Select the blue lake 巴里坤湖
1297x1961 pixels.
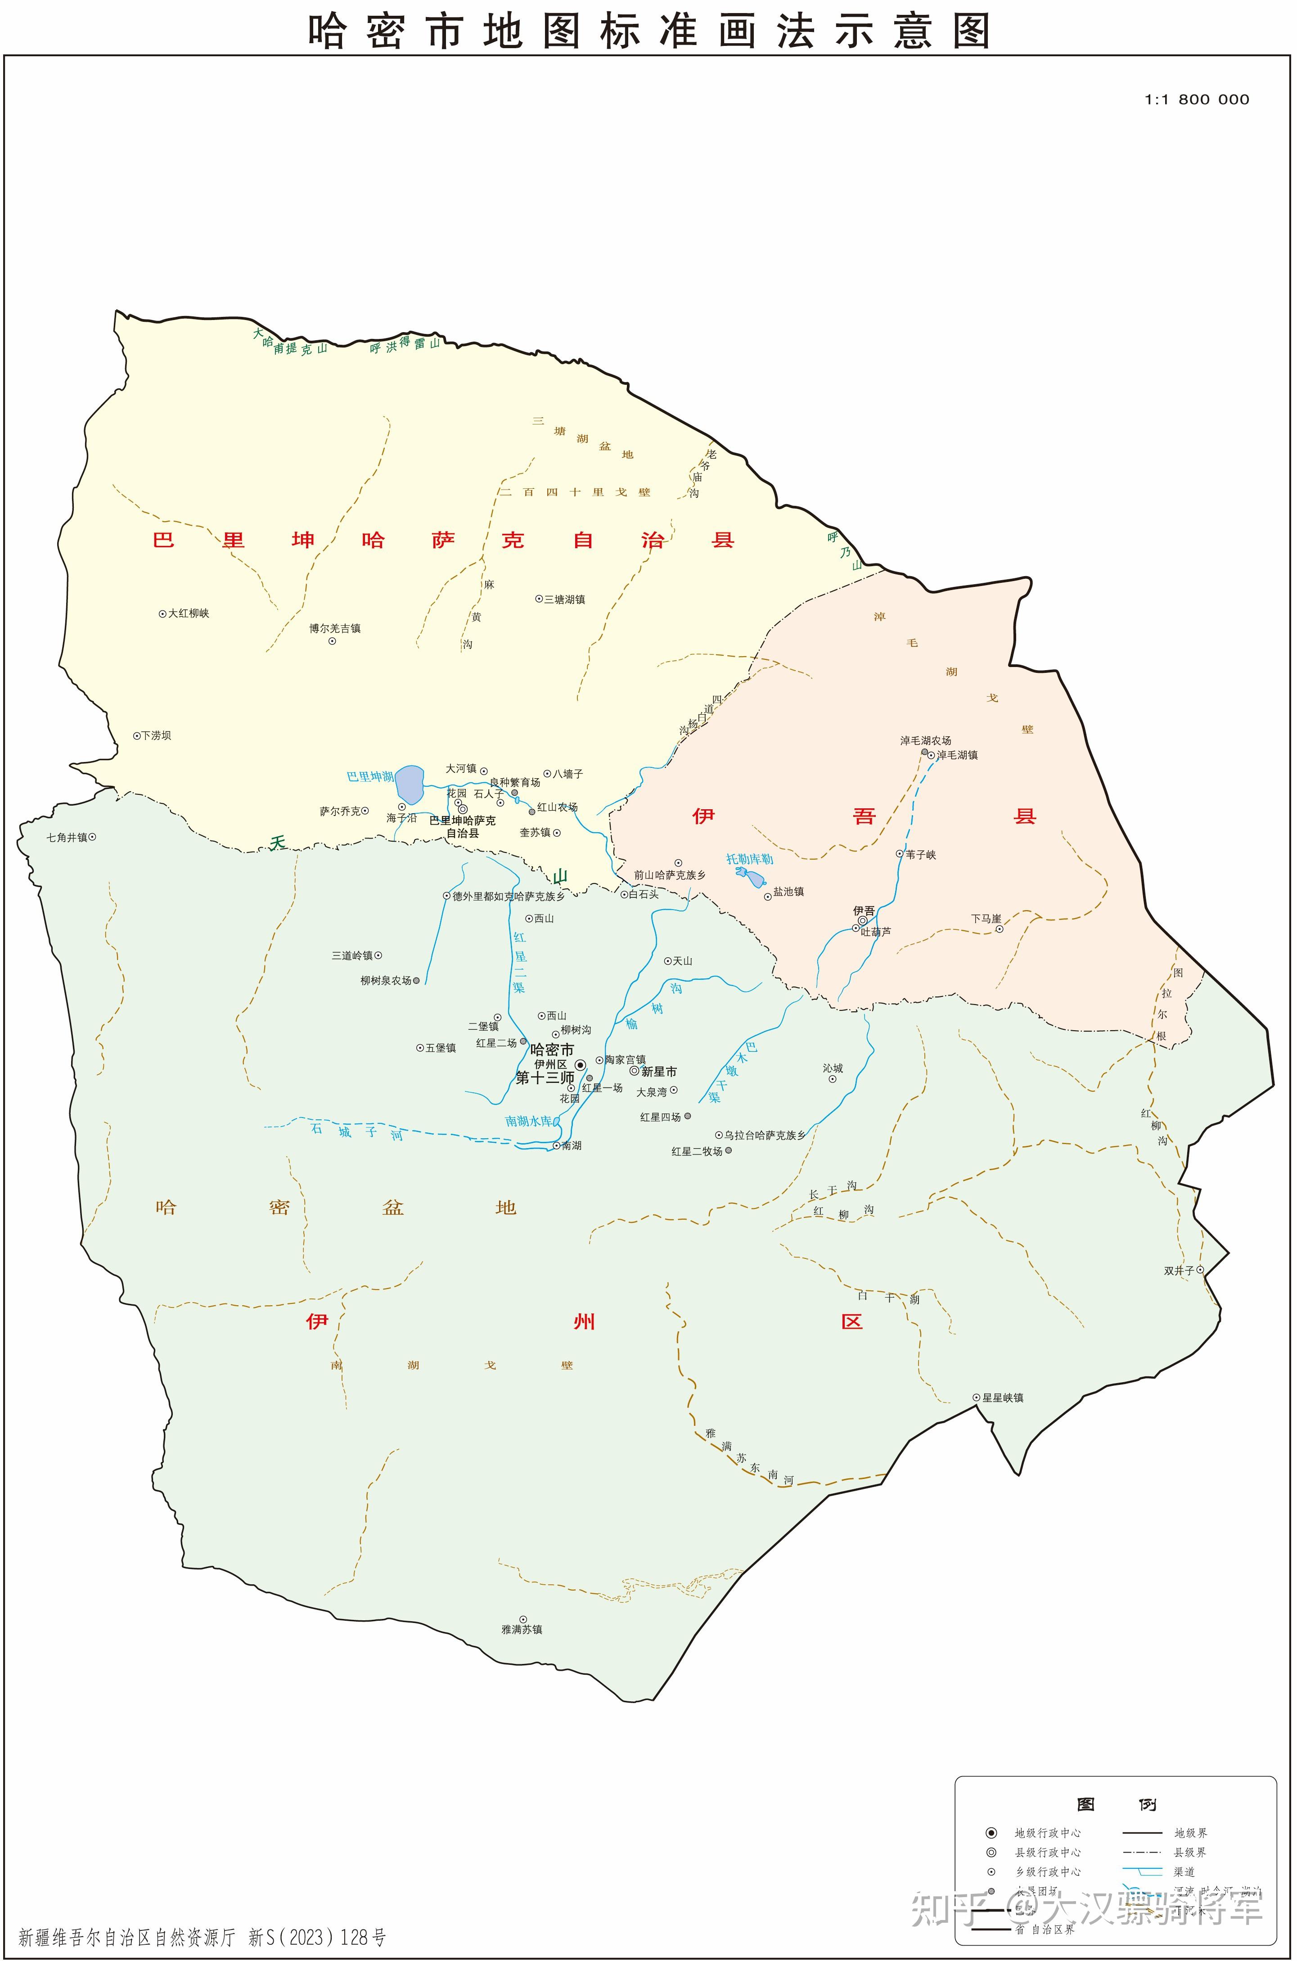pyautogui.click(x=410, y=784)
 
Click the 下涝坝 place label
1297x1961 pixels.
pyautogui.click(x=156, y=735)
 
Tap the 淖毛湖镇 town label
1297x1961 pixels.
pyautogui.click(x=957, y=755)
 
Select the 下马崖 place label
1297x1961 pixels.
pyautogui.click(x=986, y=919)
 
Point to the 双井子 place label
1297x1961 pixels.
pyautogui.click(x=1179, y=1271)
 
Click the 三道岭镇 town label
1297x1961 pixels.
pyautogui.click(x=352, y=955)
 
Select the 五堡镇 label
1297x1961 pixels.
pyautogui.click(x=440, y=1048)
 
